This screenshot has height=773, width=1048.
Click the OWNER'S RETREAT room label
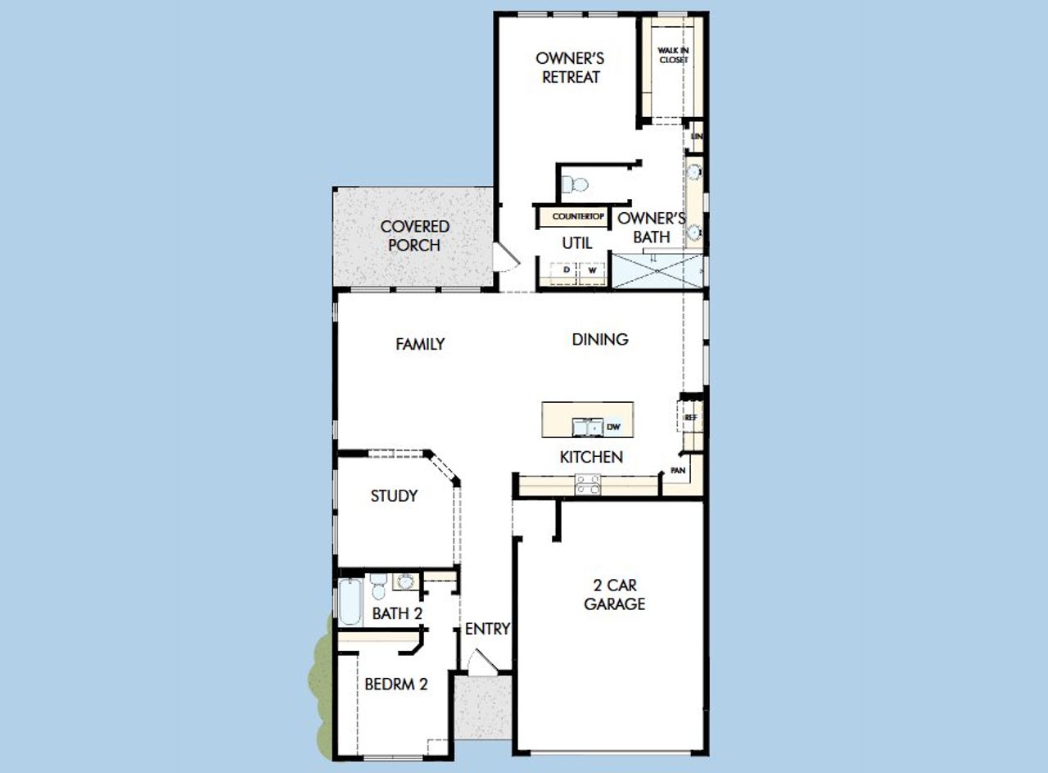pyautogui.click(x=570, y=68)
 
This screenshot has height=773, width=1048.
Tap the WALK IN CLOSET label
pyautogui.click(x=673, y=55)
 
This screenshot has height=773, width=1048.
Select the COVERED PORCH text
pyautogui.click(x=414, y=236)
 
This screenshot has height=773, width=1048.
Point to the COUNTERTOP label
pyautogui.click(x=578, y=217)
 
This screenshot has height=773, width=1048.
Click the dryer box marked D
pyautogui.click(x=566, y=269)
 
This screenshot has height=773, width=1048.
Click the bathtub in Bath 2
pyautogui.click(x=350, y=602)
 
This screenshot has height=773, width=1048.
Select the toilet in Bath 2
pyautogui.click(x=378, y=586)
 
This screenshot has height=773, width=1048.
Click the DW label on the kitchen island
pyautogui.click(x=613, y=427)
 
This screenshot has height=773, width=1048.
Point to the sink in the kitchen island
pyautogui.click(x=587, y=427)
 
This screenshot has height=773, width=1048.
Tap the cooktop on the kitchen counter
pyautogui.click(x=587, y=485)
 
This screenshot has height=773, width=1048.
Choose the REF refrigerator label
pyautogui.click(x=690, y=417)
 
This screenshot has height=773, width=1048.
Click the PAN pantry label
pyautogui.click(x=678, y=471)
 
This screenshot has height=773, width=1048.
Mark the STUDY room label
pyautogui.click(x=394, y=496)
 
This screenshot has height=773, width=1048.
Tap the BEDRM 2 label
pyautogui.click(x=395, y=684)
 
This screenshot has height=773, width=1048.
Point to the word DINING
pyautogui.click(x=600, y=339)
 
